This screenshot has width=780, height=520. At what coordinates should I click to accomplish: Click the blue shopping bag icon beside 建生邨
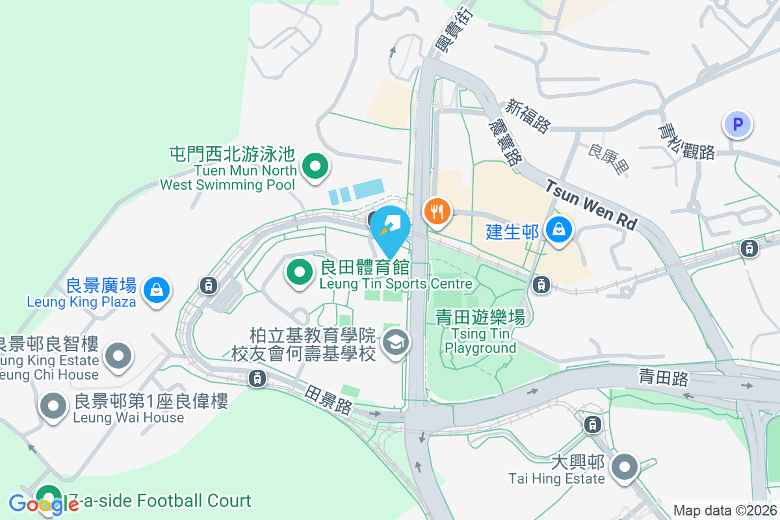[x=558, y=229]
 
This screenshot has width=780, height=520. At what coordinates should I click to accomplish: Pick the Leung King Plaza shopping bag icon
[x=157, y=290]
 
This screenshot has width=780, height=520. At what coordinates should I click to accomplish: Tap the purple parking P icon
[x=737, y=123]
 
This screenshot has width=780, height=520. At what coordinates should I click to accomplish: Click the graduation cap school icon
[x=395, y=341]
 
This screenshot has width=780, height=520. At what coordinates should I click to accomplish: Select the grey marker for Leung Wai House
[x=53, y=406]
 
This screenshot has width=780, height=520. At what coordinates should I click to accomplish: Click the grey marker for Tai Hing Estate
[x=625, y=466]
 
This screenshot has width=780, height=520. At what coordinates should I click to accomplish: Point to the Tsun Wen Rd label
[x=590, y=205]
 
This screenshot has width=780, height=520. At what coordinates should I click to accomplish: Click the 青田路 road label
[x=663, y=378]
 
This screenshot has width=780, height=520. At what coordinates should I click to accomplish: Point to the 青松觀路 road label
[x=686, y=142]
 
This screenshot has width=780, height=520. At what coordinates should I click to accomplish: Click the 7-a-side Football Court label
[x=159, y=500]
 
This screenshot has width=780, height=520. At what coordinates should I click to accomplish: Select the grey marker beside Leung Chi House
[x=118, y=356]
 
